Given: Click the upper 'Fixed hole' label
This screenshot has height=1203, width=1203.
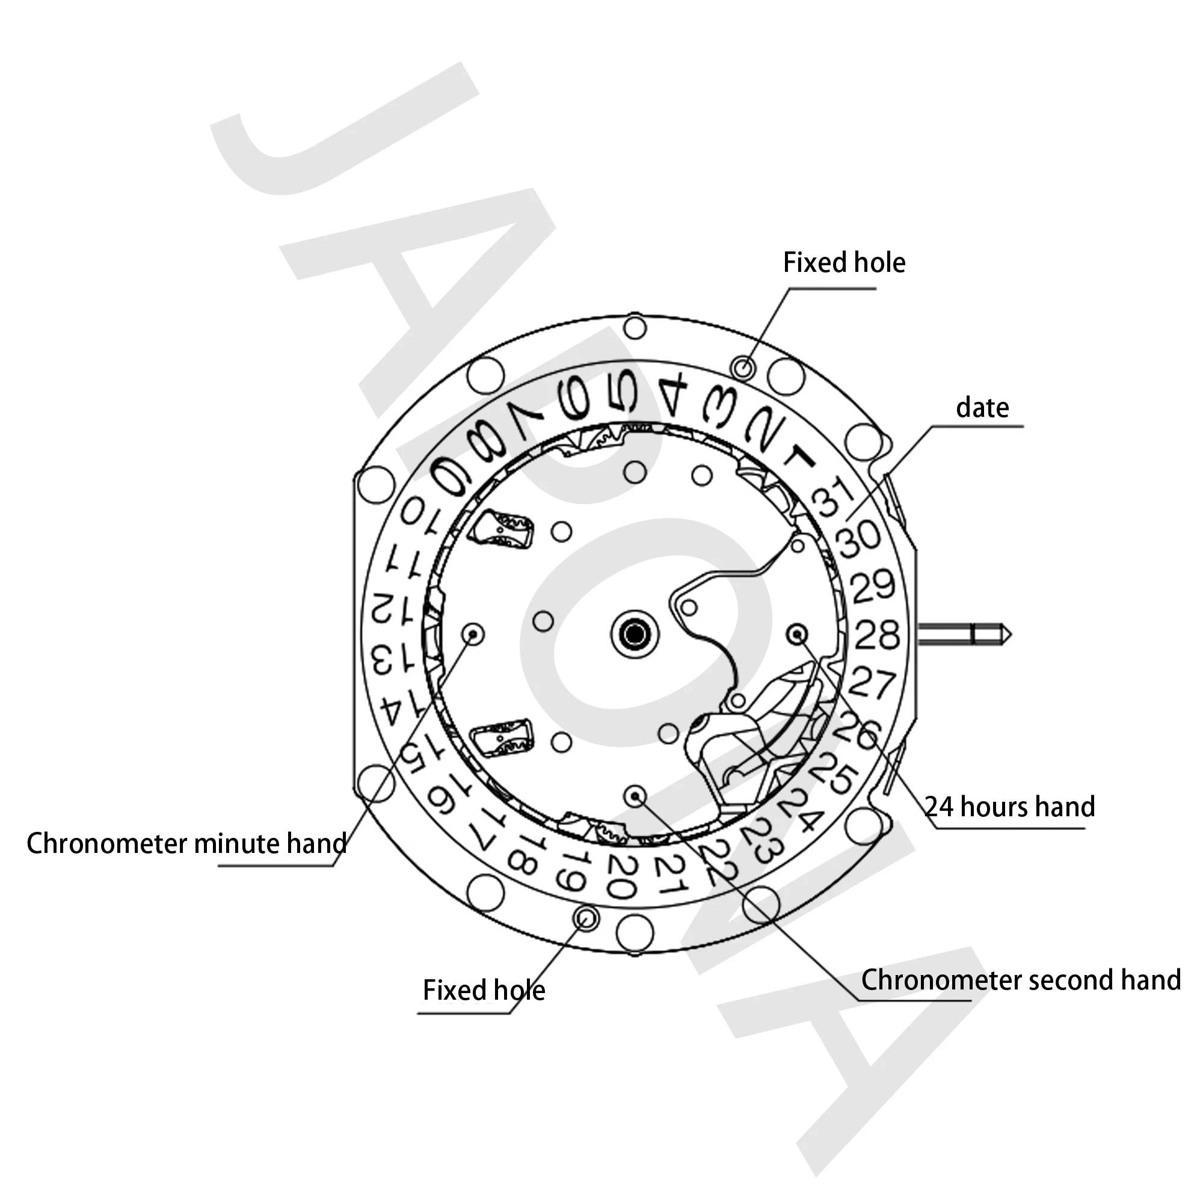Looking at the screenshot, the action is tap(844, 263).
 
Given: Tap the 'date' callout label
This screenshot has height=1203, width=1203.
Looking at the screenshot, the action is tap(982, 408).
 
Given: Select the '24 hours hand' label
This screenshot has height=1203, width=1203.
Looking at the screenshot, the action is tap(1009, 807).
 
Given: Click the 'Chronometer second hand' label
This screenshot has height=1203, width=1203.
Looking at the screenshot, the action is tap(1021, 980).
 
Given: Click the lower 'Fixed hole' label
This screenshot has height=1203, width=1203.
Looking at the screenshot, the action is tap(484, 990).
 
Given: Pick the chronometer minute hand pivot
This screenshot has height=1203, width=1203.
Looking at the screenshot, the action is tap(473, 634).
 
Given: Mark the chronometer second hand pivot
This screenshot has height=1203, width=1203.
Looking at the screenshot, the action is tap(635, 795).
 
